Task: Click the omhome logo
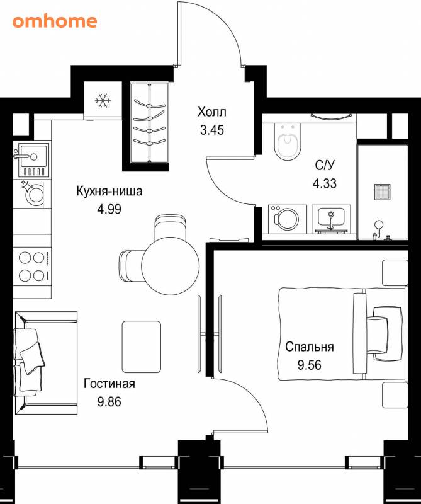click(x=55, y=21)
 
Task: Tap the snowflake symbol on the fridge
click(x=103, y=101)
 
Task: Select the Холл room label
click(x=212, y=112)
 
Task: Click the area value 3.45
click(x=212, y=130)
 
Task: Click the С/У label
click(x=325, y=165)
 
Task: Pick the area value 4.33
click(x=325, y=183)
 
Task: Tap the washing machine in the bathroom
click(x=287, y=219)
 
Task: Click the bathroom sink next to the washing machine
click(x=331, y=219)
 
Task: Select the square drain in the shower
click(x=382, y=192)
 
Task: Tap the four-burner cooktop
click(x=32, y=266)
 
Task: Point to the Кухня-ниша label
click(x=109, y=192)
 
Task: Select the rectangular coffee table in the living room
click(x=142, y=347)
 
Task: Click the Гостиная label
click(x=109, y=384)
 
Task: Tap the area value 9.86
click(x=109, y=402)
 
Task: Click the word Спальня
click(x=310, y=347)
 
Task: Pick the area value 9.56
click(x=310, y=365)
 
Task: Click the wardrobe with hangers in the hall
click(x=150, y=123)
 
